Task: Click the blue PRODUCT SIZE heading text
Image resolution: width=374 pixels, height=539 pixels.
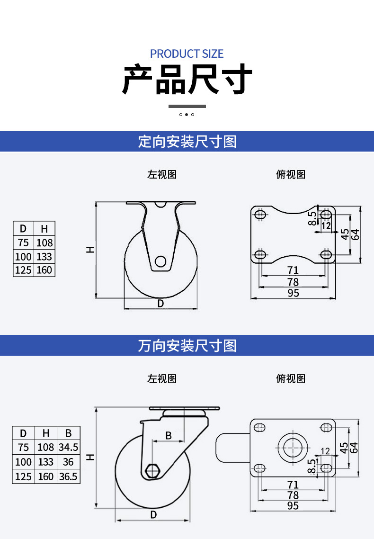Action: click(187, 54)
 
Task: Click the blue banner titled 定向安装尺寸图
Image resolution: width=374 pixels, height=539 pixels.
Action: click(187, 141)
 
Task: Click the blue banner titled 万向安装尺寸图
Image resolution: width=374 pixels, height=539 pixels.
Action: click(187, 345)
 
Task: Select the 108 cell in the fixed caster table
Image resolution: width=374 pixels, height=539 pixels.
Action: click(45, 243)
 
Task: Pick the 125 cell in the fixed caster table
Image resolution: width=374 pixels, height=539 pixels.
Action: click(23, 270)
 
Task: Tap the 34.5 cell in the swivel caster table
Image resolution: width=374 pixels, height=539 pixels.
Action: click(68, 447)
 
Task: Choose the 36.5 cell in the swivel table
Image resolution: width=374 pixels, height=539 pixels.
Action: click(68, 476)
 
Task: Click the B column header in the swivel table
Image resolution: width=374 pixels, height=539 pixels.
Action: click(68, 433)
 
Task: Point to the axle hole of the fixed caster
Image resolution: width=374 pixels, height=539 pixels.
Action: click(160, 261)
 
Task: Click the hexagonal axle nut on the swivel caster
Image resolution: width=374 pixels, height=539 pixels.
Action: click(151, 471)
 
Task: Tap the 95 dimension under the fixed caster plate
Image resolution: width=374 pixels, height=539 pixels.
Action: click(294, 293)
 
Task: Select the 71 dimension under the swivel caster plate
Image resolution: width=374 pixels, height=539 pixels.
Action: click(293, 485)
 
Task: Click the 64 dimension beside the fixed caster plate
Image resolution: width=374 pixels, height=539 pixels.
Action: click(356, 235)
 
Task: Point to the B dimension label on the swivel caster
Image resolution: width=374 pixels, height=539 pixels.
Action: click(169, 436)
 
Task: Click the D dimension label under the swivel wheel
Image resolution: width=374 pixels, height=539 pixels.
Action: click(153, 514)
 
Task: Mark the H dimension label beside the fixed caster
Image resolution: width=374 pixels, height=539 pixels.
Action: click(90, 250)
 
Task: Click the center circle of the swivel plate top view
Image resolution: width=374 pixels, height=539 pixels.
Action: click(293, 448)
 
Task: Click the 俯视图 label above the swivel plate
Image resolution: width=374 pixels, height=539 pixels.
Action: click(291, 378)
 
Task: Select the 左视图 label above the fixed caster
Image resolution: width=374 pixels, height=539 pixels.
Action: click(162, 174)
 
